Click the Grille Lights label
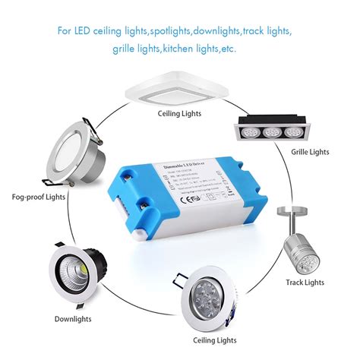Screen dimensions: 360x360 [310, 152]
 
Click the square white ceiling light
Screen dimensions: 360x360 [180, 84]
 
